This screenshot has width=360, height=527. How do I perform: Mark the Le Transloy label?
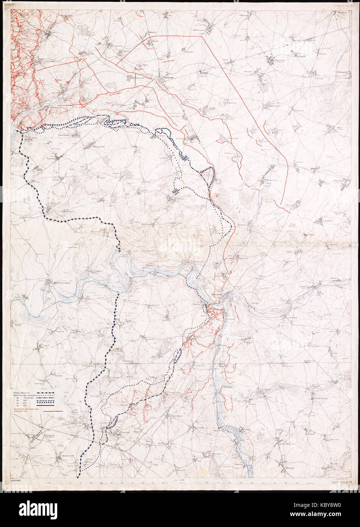(183, 138)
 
